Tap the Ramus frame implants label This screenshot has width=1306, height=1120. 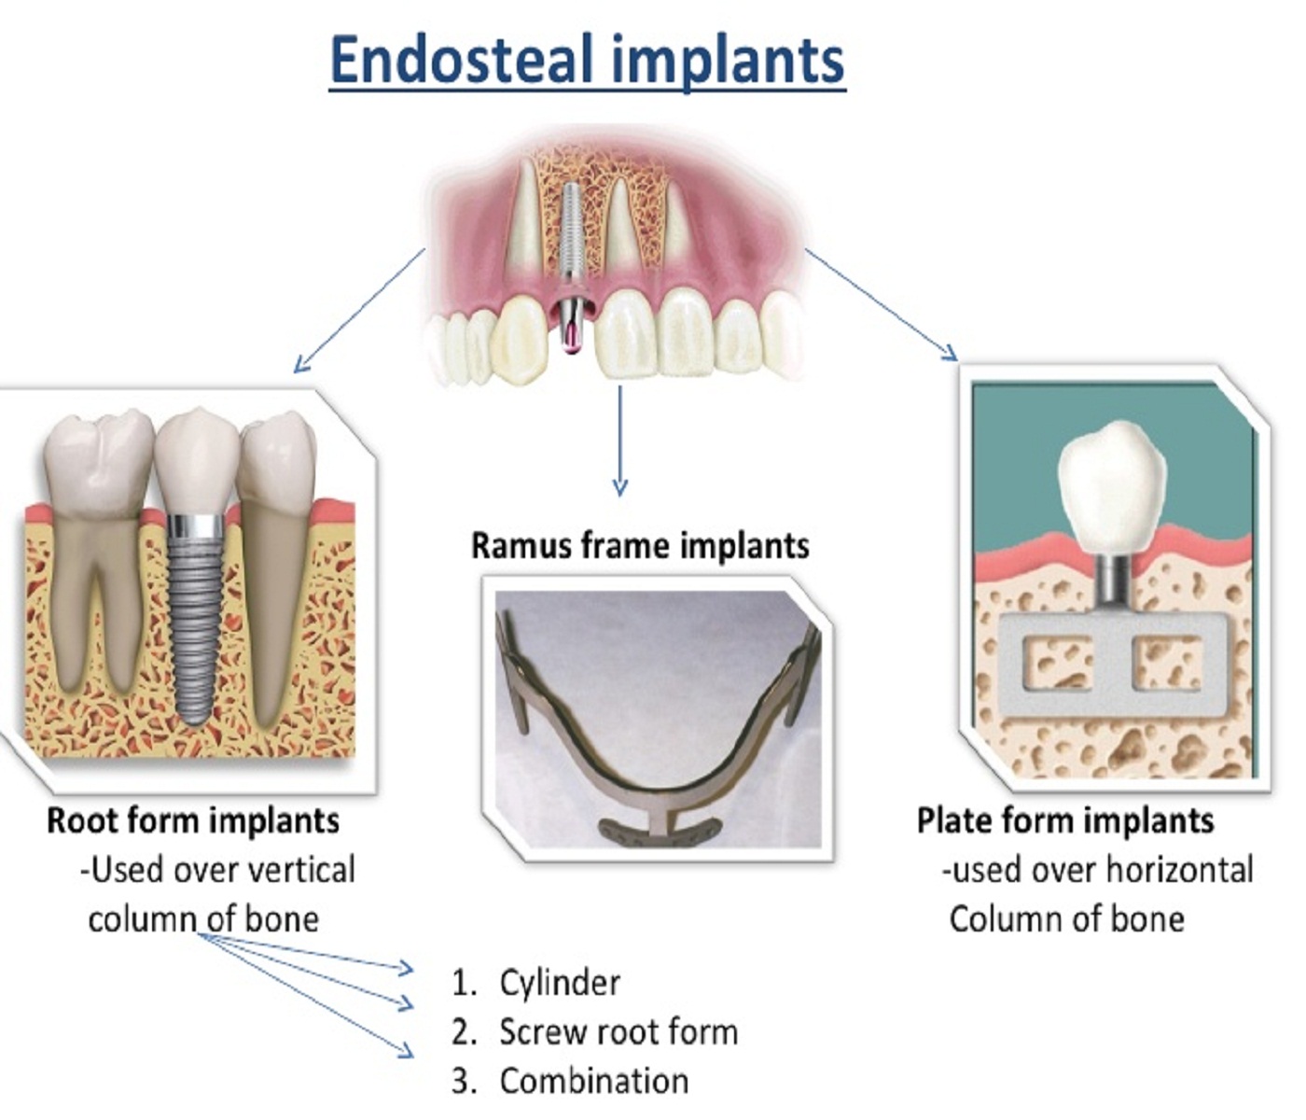pos(640,545)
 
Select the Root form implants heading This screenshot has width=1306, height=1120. pos(193,820)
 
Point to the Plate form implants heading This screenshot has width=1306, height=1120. pos(1065,820)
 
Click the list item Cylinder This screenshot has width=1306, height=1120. pos(560,982)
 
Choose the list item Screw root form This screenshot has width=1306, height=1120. pos(618,1032)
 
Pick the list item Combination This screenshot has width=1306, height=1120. pos(594,1081)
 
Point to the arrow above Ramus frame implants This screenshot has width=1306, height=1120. pos(619,439)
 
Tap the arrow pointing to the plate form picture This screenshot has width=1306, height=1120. pos(882,304)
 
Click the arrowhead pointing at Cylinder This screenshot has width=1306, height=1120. pos(407,968)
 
